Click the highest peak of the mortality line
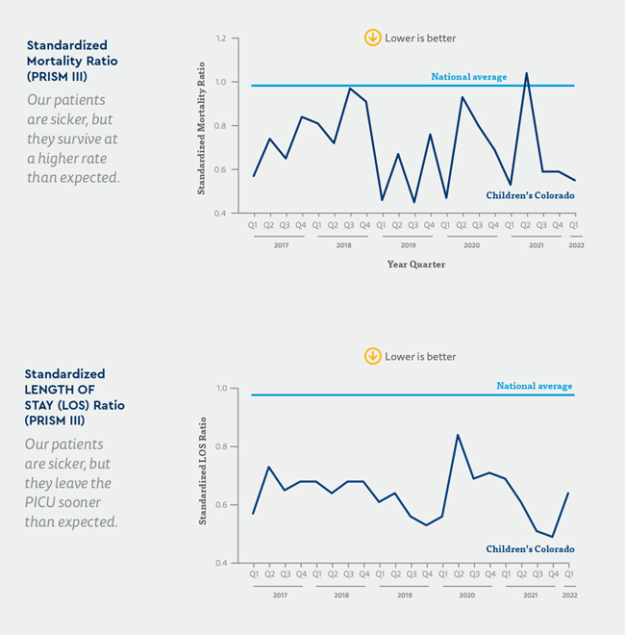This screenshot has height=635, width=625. (x=526, y=73)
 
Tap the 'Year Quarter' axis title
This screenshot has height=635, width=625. (x=415, y=264)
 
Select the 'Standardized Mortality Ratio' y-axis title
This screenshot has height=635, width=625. (x=202, y=125)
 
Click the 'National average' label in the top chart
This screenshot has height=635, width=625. (x=468, y=76)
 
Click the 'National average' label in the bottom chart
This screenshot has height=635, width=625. (x=535, y=386)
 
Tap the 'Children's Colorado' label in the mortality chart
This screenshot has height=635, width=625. (x=530, y=195)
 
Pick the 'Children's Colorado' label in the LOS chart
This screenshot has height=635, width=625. (x=530, y=549)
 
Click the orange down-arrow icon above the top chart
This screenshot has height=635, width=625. (x=372, y=38)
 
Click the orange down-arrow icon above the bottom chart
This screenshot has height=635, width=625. (x=372, y=356)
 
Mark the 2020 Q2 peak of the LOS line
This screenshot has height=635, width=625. (x=458, y=435)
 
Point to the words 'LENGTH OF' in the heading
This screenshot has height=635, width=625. (x=61, y=389)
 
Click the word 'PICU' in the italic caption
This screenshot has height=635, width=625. (x=43, y=502)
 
